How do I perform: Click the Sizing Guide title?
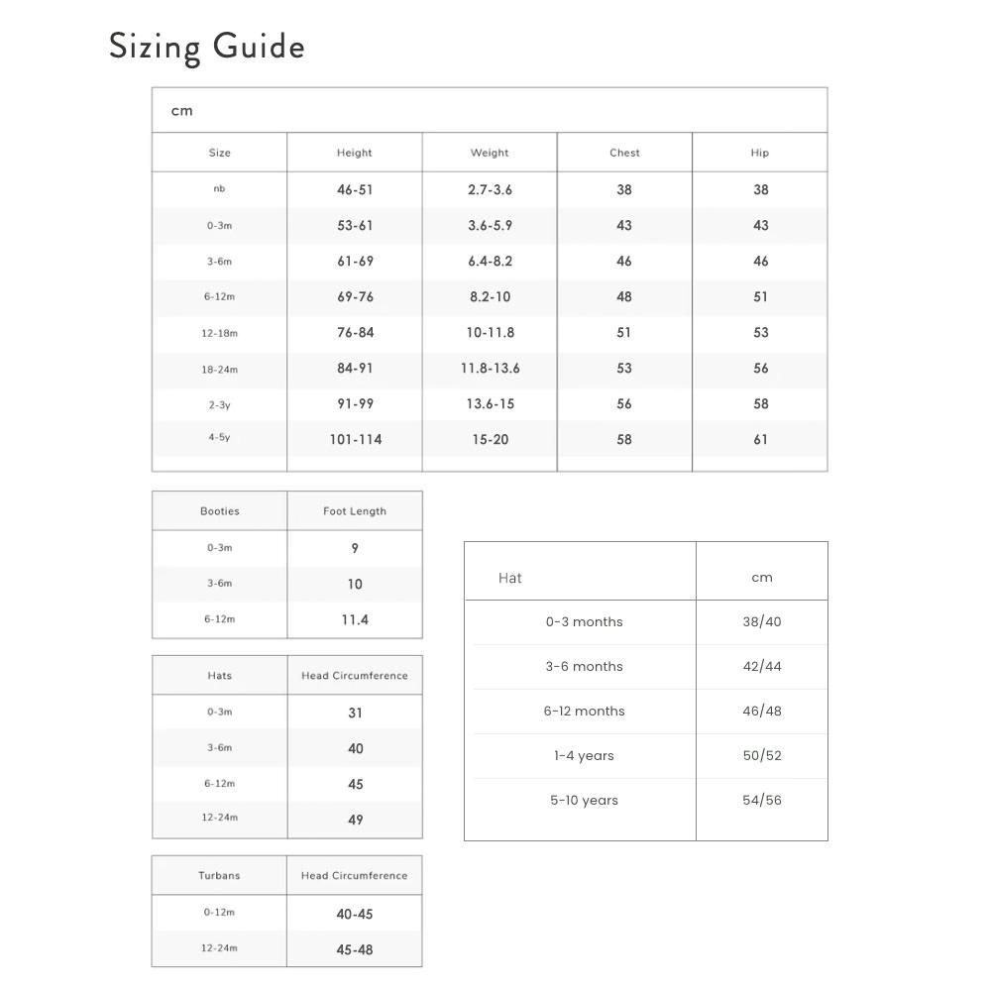(x=206, y=48)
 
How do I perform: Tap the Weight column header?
(x=490, y=153)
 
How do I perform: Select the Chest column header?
(x=624, y=153)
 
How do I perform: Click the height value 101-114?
(x=355, y=439)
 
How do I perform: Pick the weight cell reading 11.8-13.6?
(x=490, y=368)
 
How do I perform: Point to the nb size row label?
(x=219, y=188)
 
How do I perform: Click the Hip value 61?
(x=760, y=439)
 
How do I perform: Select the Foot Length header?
(x=355, y=511)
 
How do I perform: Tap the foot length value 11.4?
(x=355, y=619)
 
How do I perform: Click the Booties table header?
(x=219, y=511)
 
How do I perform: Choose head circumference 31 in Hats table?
(x=355, y=713)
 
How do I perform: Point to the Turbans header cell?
(x=219, y=876)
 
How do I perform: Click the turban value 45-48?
(x=355, y=949)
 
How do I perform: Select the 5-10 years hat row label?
(x=584, y=800)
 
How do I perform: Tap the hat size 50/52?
(x=762, y=755)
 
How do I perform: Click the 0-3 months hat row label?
(x=584, y=621)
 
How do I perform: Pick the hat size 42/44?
(x=762, y=666)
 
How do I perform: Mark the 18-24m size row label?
(x=219, y=369)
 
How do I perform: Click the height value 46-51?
(x=355, y=189)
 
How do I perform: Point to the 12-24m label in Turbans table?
(x=219, y=948)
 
